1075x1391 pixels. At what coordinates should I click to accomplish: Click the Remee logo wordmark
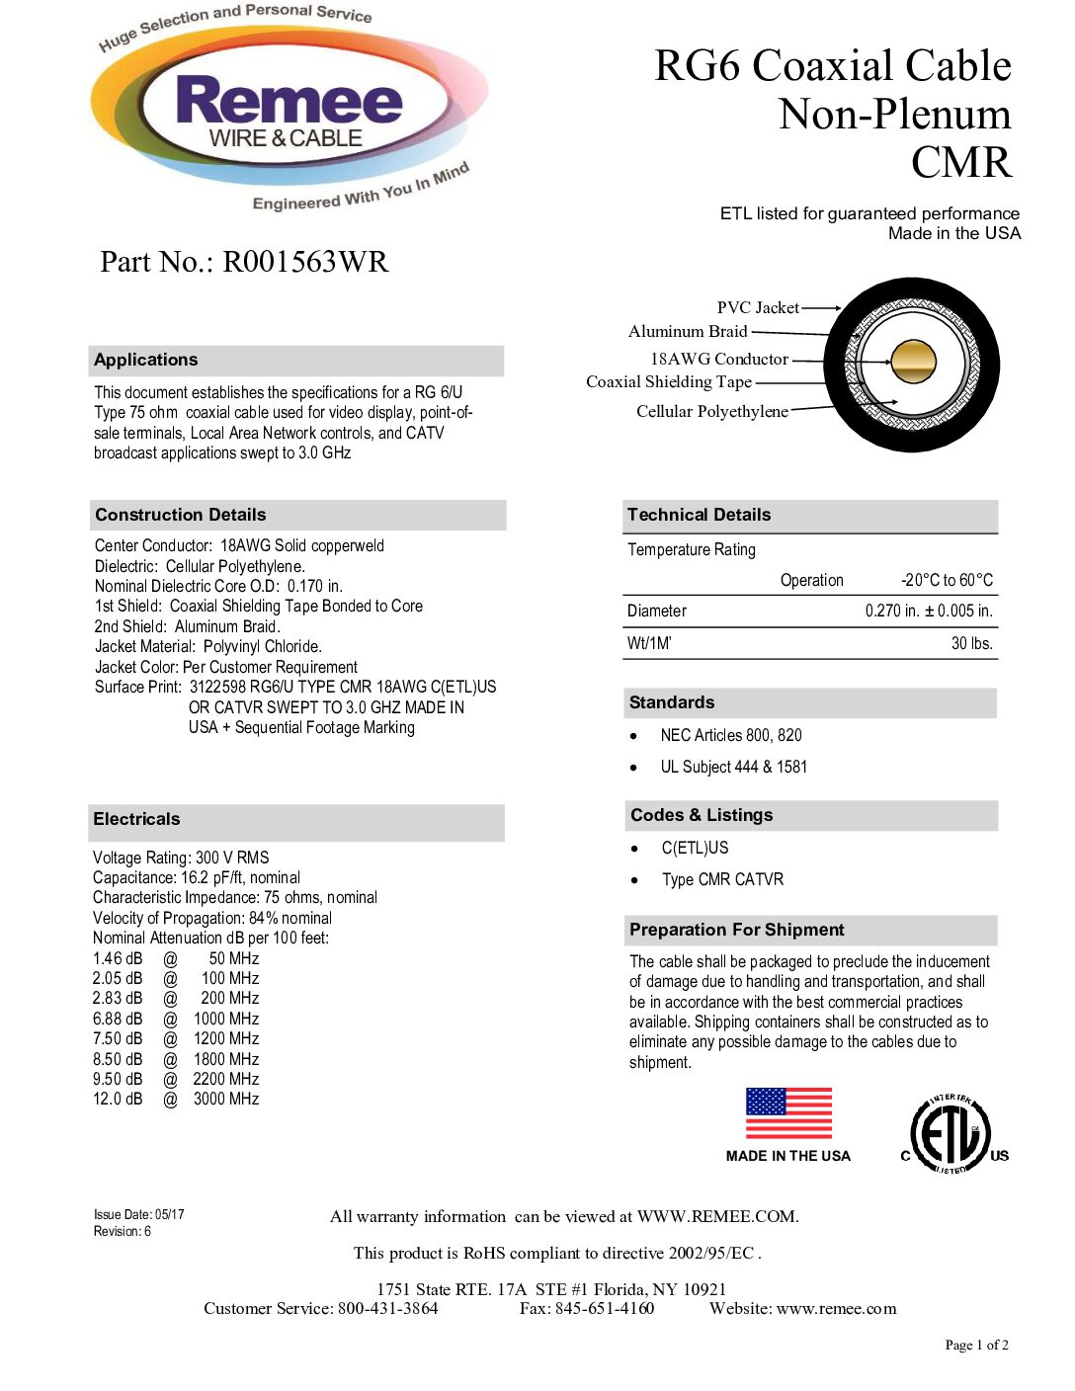(289, 102)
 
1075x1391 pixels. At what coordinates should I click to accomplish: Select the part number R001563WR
(305, 262)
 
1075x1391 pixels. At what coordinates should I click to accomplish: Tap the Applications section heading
(146, 360)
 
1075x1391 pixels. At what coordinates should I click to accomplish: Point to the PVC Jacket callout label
(757, 307)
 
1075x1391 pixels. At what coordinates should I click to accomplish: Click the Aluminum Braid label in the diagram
(688, 331)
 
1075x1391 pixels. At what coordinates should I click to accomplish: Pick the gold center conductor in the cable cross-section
(913, 362)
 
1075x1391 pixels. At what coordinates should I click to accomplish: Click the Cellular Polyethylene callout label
(711, 411)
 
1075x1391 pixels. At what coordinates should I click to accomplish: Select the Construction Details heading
(181, 515)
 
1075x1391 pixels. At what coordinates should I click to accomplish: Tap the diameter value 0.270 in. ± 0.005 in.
(929, 611)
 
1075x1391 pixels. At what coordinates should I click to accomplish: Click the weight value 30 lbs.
(971, 643)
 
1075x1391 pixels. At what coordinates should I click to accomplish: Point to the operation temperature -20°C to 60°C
(947, 580)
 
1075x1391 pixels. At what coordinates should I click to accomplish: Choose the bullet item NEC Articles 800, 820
(731, 735)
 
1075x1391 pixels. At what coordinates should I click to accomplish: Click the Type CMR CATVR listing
(722, 879)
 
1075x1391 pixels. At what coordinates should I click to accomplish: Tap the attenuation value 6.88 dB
(118, 1019)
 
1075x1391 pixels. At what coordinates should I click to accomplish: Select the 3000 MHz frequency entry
(226, 1099)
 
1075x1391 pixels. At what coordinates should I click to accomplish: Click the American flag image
(788, 1113)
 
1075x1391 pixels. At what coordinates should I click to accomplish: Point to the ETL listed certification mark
(950, 1134)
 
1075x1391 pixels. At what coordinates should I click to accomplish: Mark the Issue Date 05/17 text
(139, 1214)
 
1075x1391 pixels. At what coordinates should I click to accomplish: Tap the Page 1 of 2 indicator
(976, 1345)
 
